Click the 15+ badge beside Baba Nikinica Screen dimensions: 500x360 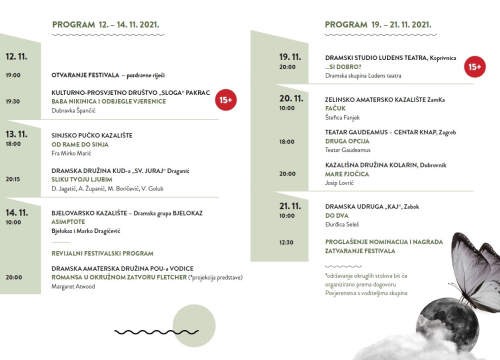[226, 99]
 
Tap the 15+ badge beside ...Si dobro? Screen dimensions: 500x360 [474, 67]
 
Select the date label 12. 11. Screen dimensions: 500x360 [16, 58]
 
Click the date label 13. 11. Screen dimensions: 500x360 [16, 133]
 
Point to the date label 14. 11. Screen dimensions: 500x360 [16, 213]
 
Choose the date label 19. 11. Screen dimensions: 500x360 [290, 57]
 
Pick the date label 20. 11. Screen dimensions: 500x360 [290, 99]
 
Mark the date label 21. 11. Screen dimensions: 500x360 [290, 206]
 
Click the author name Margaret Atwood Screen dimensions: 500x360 [76, 287]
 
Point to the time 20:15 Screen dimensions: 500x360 [13, 180]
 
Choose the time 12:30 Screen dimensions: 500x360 [287, 242]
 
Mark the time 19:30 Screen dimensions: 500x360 [13, 101]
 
